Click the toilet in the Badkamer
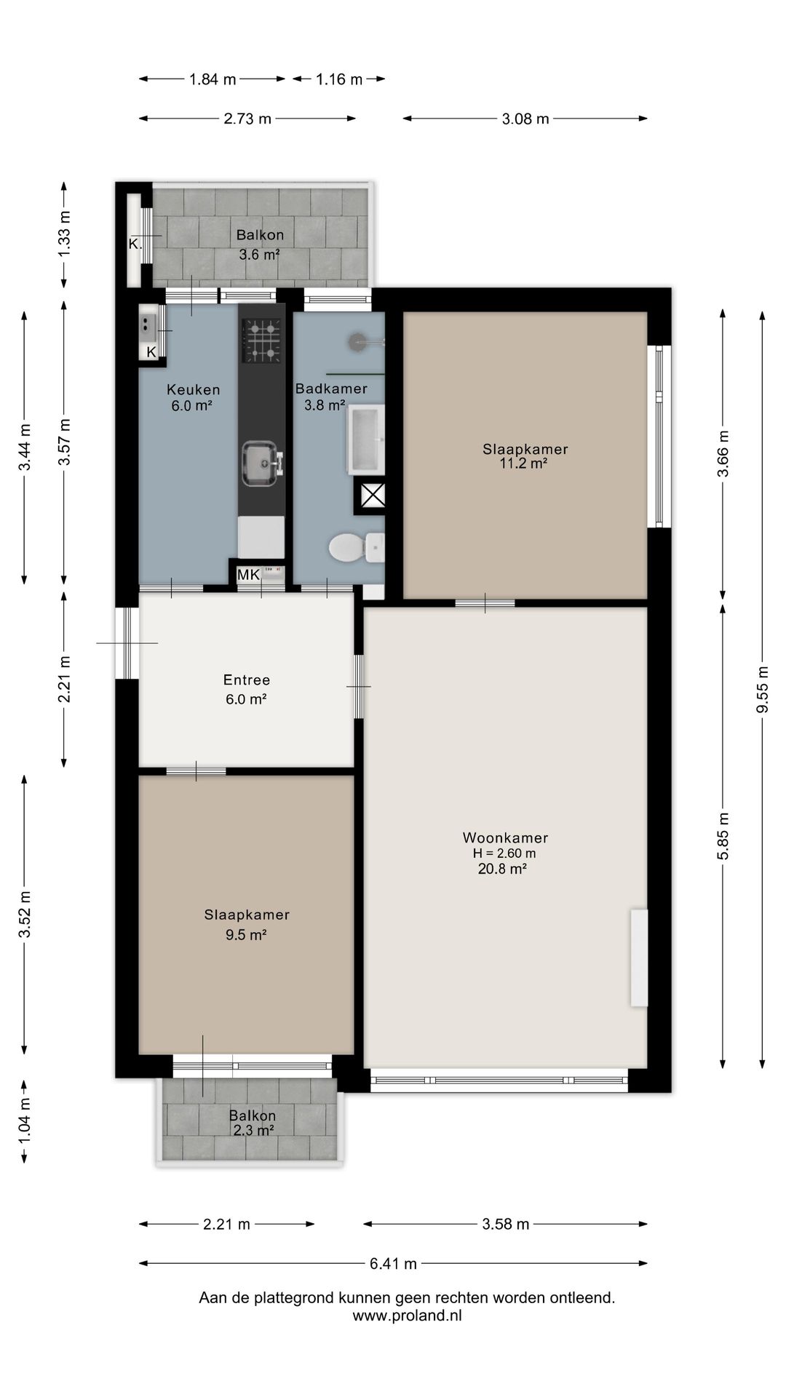pyautogui.click(x=357, y=547)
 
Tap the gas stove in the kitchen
pyautogui.click(x=262, y=341)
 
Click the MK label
pyautogui.click(x=248, y=575)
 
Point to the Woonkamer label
pyautogui.click(x=505, y=837)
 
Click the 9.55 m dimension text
pyautogui.click(x=763, y=690)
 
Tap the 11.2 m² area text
pyautogui.click(x=523, y=463)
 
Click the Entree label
pyautogui.click(x=247, y=680)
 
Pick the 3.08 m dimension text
pyautogui.click(x=525, y=119)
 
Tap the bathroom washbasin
pyautogui.click(x=366, y=439)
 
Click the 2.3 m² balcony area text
pyautogui.click(x=253, y=1130)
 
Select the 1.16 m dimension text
pyautogui.click(x=338, y=79)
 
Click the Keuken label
pyautogui.click(x=193, y=389)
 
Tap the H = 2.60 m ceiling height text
pyautogui.click(x=504, y=853)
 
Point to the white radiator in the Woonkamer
pyautogui.click(x=639, y=958)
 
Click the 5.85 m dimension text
pyautogui.click(x=723, y=836)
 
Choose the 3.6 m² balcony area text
pyautogui.click(x=260, y=255)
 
